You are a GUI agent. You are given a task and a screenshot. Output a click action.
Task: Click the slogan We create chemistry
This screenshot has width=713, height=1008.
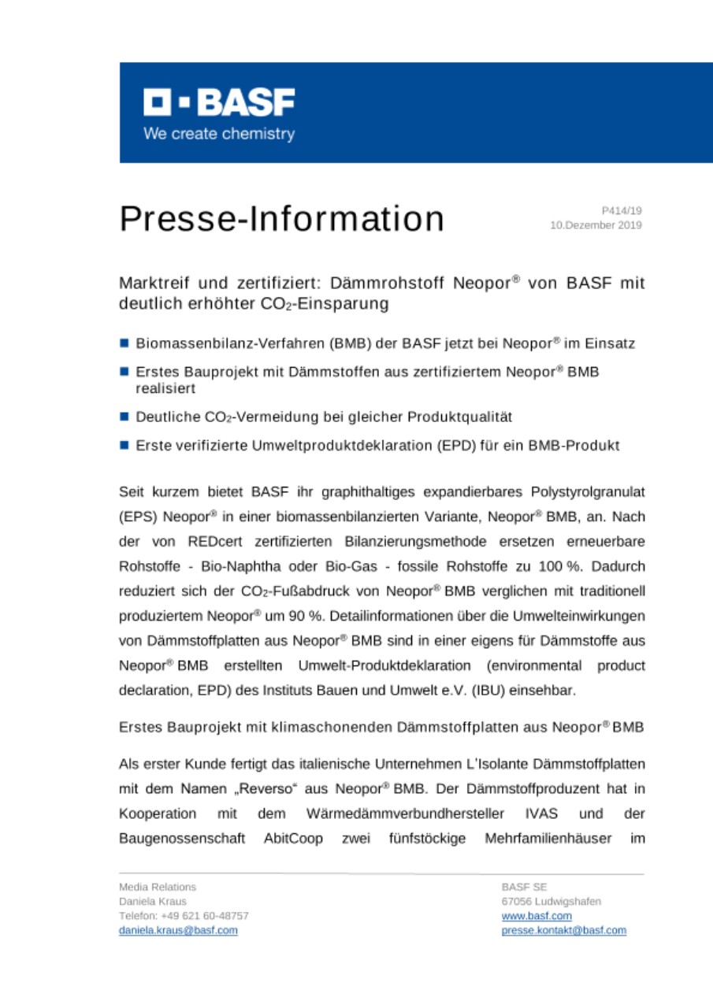coord(218,134)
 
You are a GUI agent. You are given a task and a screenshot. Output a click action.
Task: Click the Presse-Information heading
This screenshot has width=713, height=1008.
coord(281,218)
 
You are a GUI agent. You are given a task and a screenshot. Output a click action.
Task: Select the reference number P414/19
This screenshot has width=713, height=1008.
coord(622,211)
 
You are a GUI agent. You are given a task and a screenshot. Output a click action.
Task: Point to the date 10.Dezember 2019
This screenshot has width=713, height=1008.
coord(596,225)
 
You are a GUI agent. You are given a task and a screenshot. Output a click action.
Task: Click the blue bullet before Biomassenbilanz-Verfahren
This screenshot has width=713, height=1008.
coord(124,343)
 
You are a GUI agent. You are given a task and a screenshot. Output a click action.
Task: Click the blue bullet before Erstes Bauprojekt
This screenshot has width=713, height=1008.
coord(124,372)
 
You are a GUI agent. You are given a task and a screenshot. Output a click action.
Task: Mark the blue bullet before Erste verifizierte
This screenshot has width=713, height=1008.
coord(124,445)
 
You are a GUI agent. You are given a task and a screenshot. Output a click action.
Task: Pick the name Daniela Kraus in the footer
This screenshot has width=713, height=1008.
coord(152,902)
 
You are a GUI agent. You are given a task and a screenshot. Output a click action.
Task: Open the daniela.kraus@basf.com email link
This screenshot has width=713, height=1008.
coord(178,930)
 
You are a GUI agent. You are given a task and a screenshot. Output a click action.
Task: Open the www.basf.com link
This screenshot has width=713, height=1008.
coord(537,916)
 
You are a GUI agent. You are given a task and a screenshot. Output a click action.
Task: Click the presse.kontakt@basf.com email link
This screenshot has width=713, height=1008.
coord(563,930)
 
